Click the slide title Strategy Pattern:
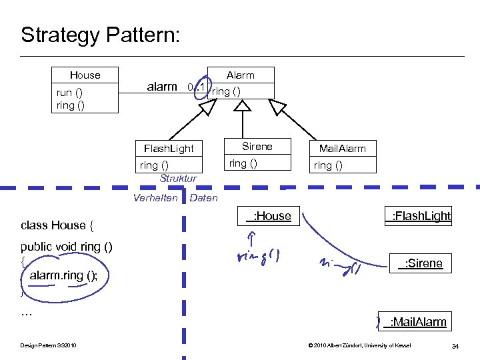pyautogui.click(x=100, y=35)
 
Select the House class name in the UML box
pyautogui.click(x=85, y=75)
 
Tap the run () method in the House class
pyautogui.click(x=69, y=93)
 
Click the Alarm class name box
pyautogui.click(x=240, y=75)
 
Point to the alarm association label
pyautogui.click(x=162, y=87)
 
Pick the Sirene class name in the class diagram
pyautogui.click(x=257, y=147)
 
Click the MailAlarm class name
pyautogui.click(x=342, y=148)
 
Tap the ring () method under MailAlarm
pyautogui.click(x=328, y=165)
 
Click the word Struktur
pyautogui.click(x=178, y=179)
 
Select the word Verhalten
pyautogui.click(x=155, y=198)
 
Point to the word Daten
pyautogui.click(x=204, y=198)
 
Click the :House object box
pyautogui.click(x=269, y=215)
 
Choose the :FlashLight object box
pyautogui.click(x=419, y=215)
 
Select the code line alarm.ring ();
pyautogui.click(x=63, y=275)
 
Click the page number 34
pyautogui.click(x=455, y=345)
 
